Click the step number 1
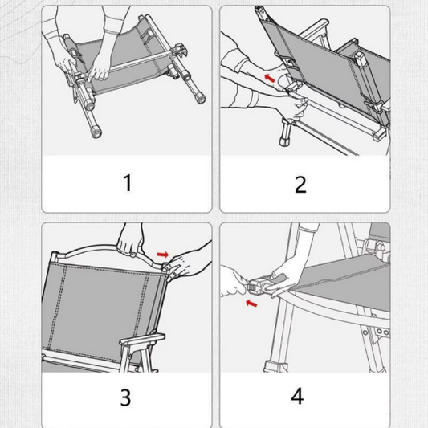(128, 182)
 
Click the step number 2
(300, 185)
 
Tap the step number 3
(125, 397)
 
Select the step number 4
(297, 396)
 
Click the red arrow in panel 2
(270, 78)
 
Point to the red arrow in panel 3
(163, 255)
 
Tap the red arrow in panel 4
(251, 303)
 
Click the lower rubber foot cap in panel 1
(96, 132)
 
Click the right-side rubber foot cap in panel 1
(200, 98)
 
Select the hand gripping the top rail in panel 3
(130, 243)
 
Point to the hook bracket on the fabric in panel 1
(147, 36)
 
